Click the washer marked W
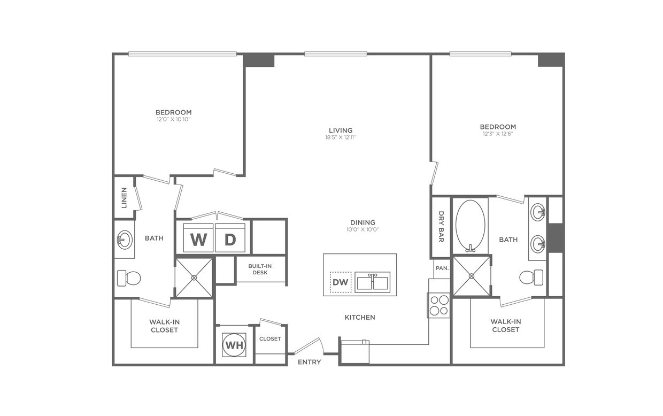coord(198,238)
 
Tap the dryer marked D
coord(230,238)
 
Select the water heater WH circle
coord(234,345)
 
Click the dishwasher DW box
coord(341,282)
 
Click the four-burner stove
coord(438,305)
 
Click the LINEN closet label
coord(124,197)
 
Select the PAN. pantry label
coord(442,268)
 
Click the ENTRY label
coord(310,362)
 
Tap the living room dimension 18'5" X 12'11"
coord(341,138)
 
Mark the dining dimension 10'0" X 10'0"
coord(363,230)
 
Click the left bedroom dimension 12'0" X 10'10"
coord(173,119)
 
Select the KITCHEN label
coord(360,317)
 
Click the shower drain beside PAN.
coord(472,276)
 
